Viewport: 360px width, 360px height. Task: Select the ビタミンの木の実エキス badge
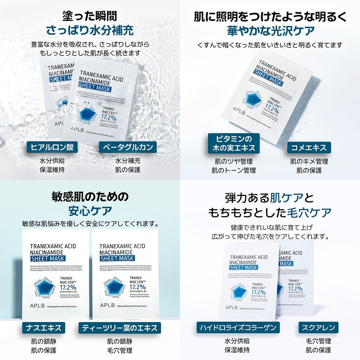pos(234,143)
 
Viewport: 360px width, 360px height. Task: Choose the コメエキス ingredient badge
pos(309,147)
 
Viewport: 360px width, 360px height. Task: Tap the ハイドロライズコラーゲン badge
pos(238,328)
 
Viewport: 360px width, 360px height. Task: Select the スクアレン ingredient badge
pos(319,328)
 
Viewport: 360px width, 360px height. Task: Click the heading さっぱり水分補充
pos(90,31)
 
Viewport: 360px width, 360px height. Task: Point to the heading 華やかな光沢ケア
pos(270,31)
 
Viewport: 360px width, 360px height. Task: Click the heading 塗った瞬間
pos(90,16)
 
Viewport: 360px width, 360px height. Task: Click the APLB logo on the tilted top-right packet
pos(237,116)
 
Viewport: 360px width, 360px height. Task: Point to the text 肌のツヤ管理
pos(234,161)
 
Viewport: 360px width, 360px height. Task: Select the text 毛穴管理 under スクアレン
pos(319,341)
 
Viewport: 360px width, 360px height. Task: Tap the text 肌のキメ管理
pos(309,161)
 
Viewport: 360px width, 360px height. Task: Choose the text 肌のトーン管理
pos(234,170)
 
